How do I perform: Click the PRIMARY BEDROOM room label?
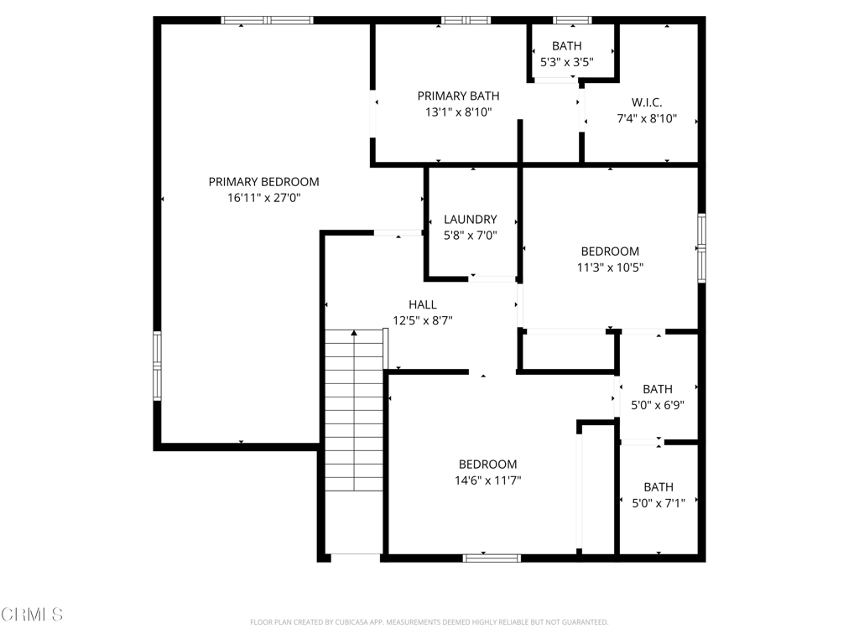(263, 182)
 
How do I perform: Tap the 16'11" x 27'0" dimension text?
(264, 198)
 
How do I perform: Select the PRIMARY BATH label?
(459, 96)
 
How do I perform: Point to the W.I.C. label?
(647, 102)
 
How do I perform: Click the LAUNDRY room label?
(471, 220)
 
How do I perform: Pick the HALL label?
(423, 304)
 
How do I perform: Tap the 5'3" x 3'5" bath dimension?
(567, 62)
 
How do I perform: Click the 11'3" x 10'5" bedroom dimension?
(611, 267)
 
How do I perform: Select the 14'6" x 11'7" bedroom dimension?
(487, 480)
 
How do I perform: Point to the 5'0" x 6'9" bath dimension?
(658, 405)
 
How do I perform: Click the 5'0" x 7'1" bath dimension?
(659, 503)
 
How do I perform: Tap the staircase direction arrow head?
(355, 333)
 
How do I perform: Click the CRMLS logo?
(32, 615)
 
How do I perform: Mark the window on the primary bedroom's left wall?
(157, 366)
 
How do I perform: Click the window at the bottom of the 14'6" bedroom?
(492, 558)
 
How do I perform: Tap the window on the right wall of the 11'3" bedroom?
(702, 248)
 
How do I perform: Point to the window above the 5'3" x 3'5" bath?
(572, 20)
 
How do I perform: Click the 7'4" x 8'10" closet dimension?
(647, 118)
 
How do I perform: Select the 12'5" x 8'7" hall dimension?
(423, 320)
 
